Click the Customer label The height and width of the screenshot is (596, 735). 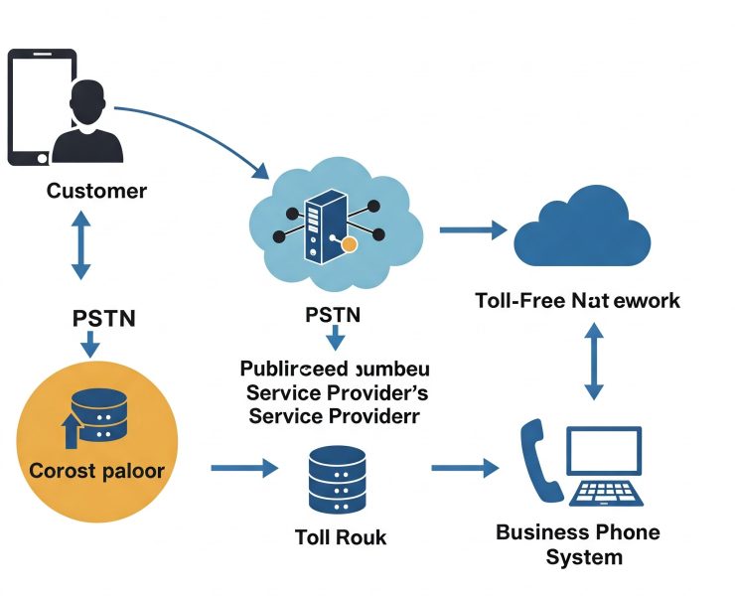pyautogui.click(x=96, y=191)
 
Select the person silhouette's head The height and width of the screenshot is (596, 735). pyautogui.click(x=89, y=101)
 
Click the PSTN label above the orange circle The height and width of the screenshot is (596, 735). pyautogui.click(x=90, y=319)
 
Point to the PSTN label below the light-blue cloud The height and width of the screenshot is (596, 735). pyautogui.click(x=335, y=316)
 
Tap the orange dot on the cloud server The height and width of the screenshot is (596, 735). pyautogui.click(x=349, y=243)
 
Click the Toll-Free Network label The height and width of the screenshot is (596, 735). pyautogui.click(x=577, y=300)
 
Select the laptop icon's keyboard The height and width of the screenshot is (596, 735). pyautogui.click(x=608, y=491)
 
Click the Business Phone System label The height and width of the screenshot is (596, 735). pyautogui.click(x=577, y=544)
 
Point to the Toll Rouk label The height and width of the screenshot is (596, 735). pyautogui.click(x=341, y=537)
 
